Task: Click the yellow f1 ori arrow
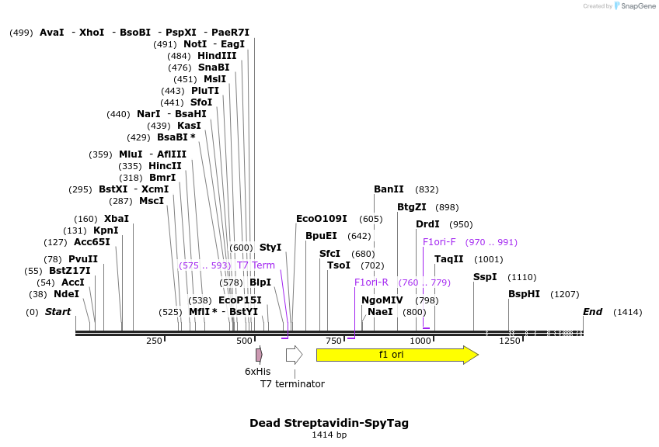coord(396,355)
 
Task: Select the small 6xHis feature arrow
coord(259,355)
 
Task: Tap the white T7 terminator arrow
coord(294,355)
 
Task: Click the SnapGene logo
coord(634,6)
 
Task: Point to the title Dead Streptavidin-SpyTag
coord(329,423)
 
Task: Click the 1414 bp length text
coord(329,435)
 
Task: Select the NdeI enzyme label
coord(66,294)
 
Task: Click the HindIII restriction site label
coord(217,56)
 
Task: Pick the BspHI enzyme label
coord(524,294)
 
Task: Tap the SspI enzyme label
coord(485,277)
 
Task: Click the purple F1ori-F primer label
coord(439,242)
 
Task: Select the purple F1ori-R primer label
coord(371,282)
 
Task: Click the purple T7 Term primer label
coord(256,265)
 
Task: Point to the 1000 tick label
coord(420,341)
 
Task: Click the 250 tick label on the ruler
coord(154,341)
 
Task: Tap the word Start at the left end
coord(58,312)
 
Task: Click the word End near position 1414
coord(593,312)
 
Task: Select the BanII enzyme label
coord(389,189)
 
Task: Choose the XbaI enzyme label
coord(117,219)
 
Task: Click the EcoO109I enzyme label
coord(322,219)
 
